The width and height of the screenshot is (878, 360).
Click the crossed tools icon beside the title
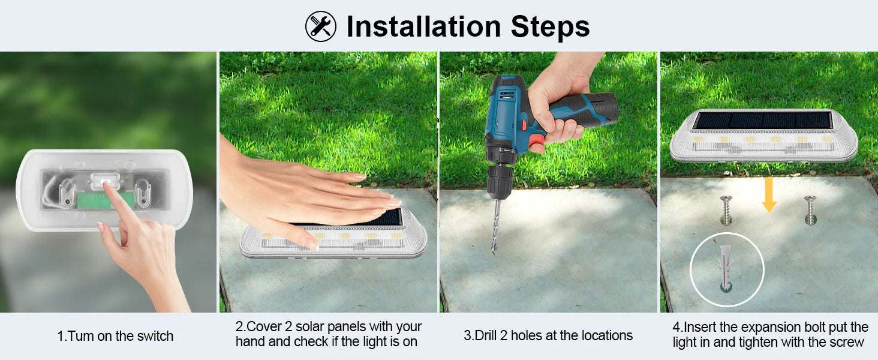pos(321,26)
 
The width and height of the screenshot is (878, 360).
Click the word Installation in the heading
pos(424,26)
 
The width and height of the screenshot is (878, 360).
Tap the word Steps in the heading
pos(551,28)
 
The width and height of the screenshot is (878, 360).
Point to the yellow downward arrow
pos(769,195)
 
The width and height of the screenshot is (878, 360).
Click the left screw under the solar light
pos(726,210)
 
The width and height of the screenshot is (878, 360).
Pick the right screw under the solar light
pos(810,210)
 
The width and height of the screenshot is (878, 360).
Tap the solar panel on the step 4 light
pos(763,120)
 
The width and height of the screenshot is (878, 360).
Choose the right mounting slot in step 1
pos(143,193)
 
